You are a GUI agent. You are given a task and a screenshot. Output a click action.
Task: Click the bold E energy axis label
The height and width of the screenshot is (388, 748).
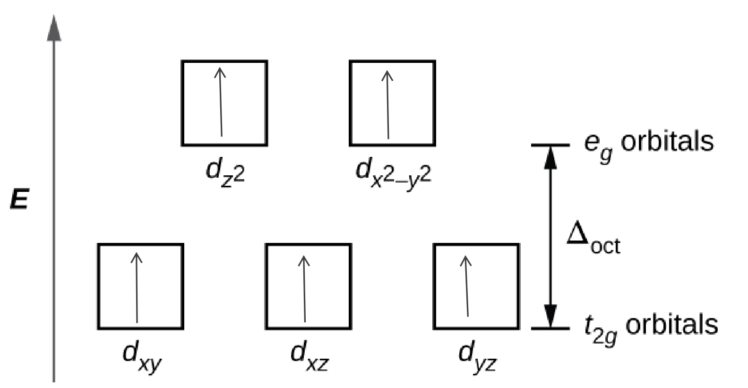[x=19, y=201]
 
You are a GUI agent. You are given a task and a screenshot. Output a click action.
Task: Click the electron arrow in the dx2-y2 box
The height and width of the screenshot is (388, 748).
[x=388, y=104]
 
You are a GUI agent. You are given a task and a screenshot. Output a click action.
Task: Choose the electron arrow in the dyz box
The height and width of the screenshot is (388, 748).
[x=467, y=286]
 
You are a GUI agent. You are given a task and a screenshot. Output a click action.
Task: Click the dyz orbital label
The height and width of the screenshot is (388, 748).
[x=477, y=356]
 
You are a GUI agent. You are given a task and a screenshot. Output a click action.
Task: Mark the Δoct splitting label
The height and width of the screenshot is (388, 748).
[x=593, y=238]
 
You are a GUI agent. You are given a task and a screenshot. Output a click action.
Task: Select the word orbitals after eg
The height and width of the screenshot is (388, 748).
[x=666, y=141]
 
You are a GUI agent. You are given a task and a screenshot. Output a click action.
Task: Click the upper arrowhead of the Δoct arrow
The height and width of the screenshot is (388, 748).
[x=550, y=157]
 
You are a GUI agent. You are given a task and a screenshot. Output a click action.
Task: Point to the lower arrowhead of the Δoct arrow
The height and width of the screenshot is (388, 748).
[x=550, y=316]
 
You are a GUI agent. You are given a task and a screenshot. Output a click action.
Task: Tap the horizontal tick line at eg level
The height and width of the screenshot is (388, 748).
[x=550, y=145]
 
